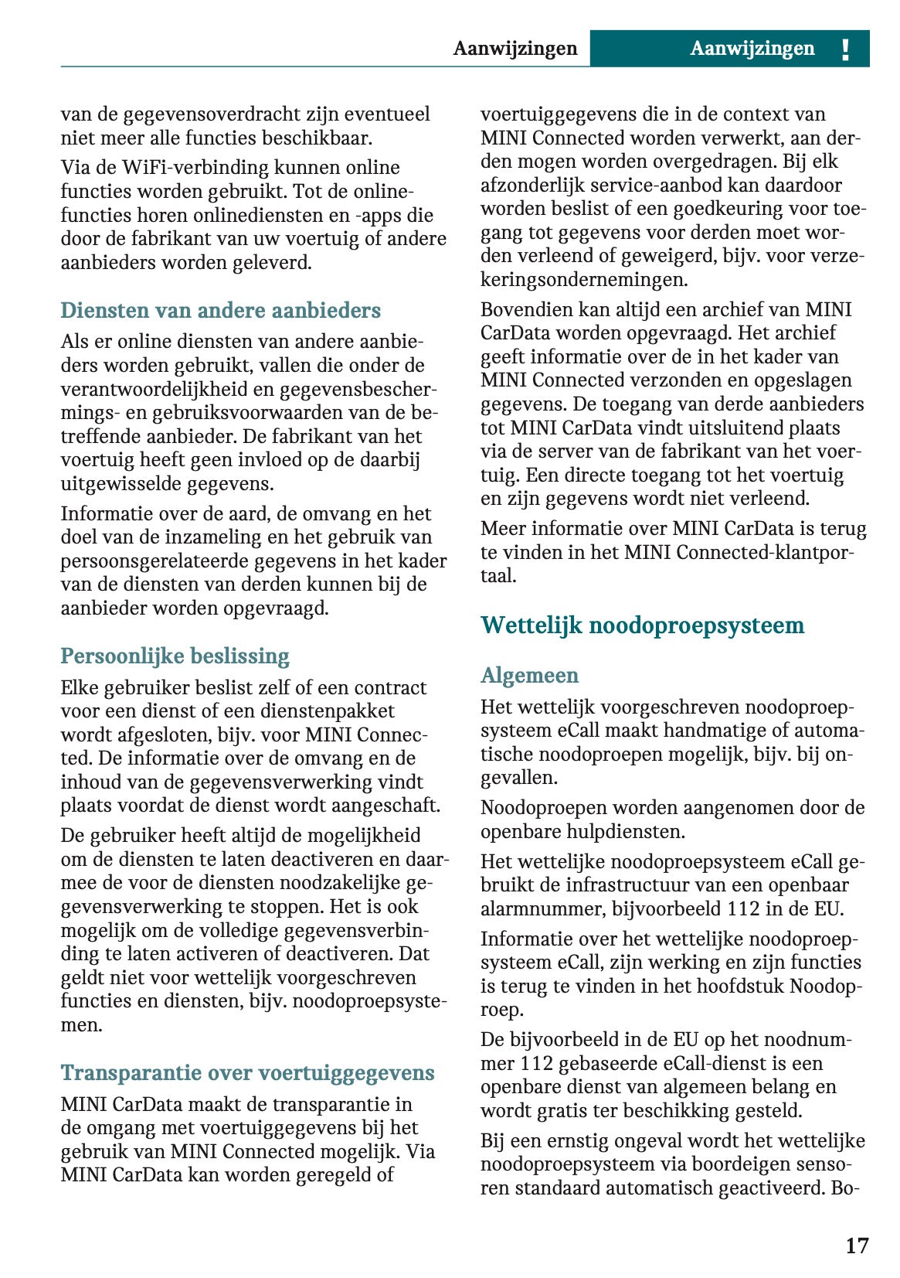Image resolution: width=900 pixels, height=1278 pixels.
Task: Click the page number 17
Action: coord(857,1246)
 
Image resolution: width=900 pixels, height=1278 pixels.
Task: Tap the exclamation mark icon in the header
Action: coord(845,49)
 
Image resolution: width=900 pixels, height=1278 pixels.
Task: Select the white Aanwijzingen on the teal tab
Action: coord(752,49)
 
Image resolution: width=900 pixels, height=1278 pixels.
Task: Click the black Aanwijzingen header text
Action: coord(515,49)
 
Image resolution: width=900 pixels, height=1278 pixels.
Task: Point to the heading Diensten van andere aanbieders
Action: coord(220,311)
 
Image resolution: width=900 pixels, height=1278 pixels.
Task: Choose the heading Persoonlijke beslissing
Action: coord(175,656)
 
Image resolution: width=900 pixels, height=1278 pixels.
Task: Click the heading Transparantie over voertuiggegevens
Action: coord(247,1073)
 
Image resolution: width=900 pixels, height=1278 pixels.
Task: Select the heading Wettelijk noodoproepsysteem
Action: coord(642,625)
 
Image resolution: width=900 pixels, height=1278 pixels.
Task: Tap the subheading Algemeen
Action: coord(529,676)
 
